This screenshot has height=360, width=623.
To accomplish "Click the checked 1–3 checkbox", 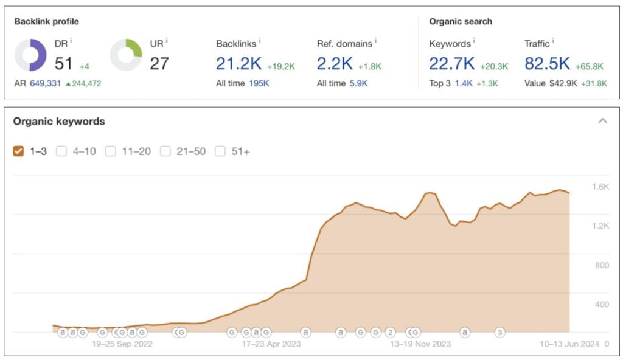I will (x=19, y=151).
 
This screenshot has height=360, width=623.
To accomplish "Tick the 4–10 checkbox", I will (x=61, y=151).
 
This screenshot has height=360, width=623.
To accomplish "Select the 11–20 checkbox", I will (x=110, y=151).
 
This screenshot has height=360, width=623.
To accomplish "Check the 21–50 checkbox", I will (x=165, y=151).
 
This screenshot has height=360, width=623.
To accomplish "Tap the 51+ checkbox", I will (x=220, y=151).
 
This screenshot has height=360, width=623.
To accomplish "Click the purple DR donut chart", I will (x=30, y=55).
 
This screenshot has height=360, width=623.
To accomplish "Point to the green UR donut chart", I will (x=126, y=55).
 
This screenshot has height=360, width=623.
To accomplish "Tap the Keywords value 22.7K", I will (x=452, y=63).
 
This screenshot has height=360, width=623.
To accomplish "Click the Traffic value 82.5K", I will (x=547, y=63).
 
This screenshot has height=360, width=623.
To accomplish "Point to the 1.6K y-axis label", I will (x=600, y=187).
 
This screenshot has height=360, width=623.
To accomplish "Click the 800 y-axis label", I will (x=601, y=265).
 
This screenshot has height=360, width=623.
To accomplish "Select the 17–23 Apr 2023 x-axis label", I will (x=271, y=344).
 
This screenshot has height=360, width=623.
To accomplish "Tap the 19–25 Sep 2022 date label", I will (x=122, y=344).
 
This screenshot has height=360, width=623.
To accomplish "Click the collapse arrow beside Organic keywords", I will (x=602, y=121).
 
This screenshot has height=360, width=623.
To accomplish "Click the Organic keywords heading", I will (x=59, y=121).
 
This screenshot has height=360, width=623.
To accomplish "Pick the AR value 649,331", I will (x=46, y=83).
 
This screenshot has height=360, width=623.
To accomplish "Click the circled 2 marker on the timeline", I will (x=391, y=332).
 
